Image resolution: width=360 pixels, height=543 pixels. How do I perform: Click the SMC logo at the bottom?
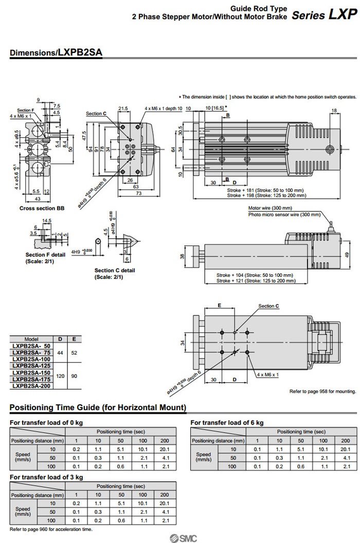180,538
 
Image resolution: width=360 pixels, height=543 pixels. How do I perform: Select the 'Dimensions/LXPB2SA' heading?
56,52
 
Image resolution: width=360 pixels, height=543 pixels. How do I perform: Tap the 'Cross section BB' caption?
41,208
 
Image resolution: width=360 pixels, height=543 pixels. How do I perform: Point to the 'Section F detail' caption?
45,255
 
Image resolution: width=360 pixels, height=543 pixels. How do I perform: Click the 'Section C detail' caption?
115,270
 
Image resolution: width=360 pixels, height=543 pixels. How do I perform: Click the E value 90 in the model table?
74,376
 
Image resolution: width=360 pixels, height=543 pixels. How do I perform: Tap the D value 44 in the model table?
60,353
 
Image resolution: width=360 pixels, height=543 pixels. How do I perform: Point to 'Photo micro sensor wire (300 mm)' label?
283,214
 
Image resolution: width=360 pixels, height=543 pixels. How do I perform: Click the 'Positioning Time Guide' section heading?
98,408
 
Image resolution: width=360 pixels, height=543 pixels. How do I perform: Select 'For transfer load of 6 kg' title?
227,423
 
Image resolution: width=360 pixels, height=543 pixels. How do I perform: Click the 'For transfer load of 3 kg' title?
46,477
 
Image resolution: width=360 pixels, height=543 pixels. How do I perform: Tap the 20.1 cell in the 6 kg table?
345,449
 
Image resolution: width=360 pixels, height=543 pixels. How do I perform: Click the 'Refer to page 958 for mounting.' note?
322,391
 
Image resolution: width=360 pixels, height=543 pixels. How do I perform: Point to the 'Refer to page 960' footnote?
51,529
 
